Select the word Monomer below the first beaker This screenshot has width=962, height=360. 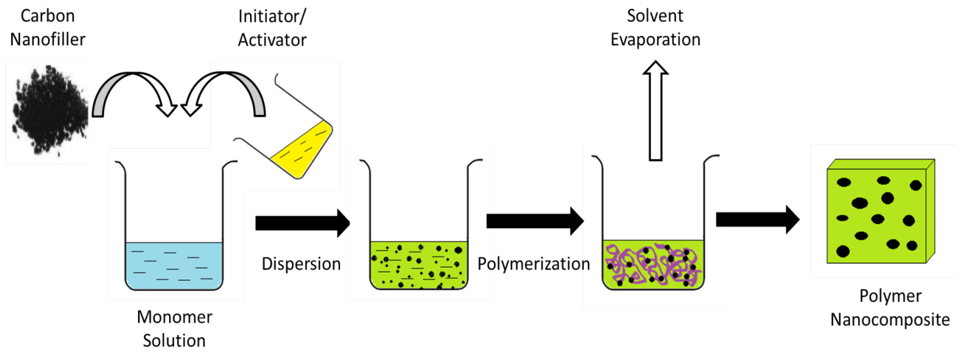[x=174, y=317]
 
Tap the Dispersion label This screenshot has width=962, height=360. [x=301, y=264]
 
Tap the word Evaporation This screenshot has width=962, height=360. [x=655, y=40]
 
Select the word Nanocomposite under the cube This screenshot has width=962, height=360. [x=890, y=320]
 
